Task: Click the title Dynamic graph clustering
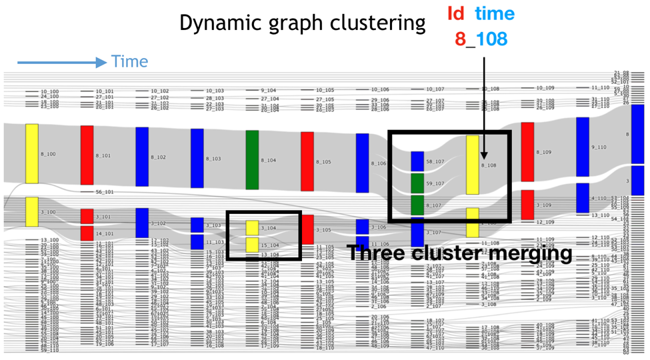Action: tap(302, 23)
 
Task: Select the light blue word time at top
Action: tap(495, 13)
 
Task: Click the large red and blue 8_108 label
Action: tap(481, 38)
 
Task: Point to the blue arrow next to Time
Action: tap(61, 63)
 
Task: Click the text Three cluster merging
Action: tap(459, 253)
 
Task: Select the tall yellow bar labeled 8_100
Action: tap(32, 153)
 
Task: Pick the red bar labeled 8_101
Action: tap(87, 155)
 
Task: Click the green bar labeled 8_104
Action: tap(252, 160)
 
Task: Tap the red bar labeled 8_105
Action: tap(307, 161)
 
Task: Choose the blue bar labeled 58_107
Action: tap(417, 161)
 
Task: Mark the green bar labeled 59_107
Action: tap(417, 183)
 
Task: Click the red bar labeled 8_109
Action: tap(527, 151)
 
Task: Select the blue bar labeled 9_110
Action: tap(583, 147)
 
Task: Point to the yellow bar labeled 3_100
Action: tap(32, 211)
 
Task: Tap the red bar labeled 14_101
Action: tap(87, 233)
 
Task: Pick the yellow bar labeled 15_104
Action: tap(252, 244)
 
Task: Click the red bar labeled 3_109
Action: tap(527, 205)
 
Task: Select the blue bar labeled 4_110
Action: tap(583, 197)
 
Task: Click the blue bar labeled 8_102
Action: tap(142, 157)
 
